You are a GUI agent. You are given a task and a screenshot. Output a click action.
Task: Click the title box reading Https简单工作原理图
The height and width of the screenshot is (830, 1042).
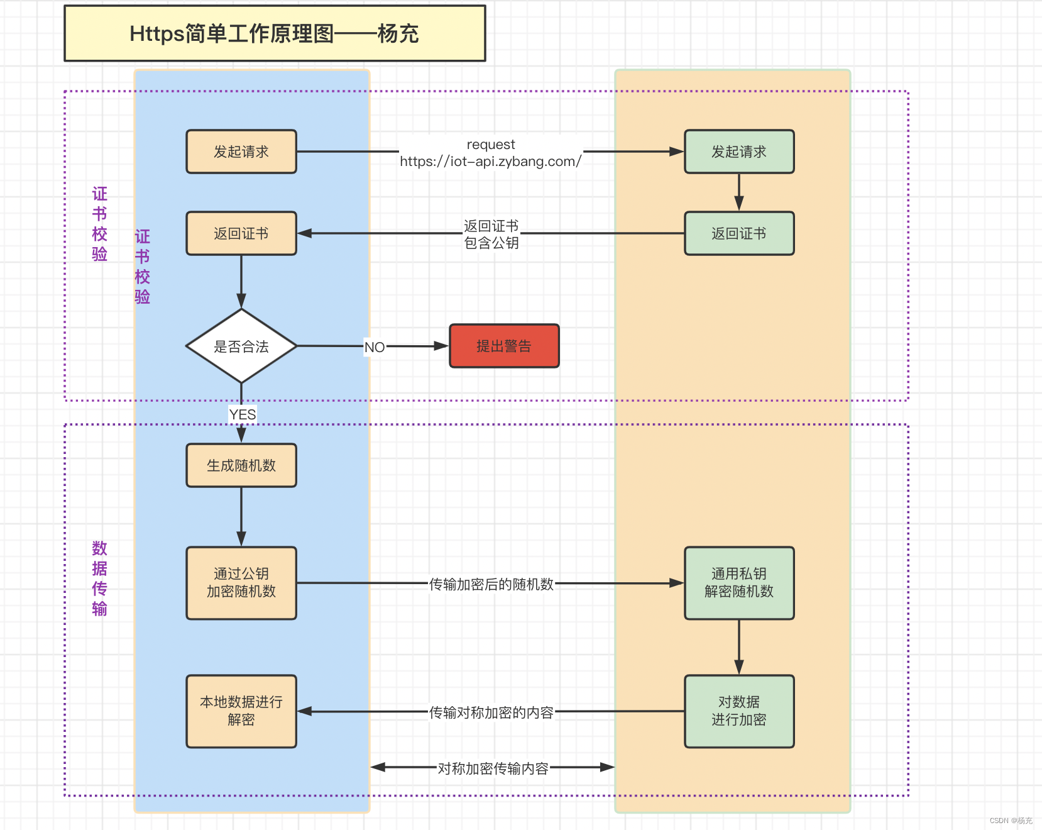(x=275, y=33)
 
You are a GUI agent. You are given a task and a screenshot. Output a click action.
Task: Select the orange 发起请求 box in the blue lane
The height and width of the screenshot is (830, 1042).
(x=241, y=152)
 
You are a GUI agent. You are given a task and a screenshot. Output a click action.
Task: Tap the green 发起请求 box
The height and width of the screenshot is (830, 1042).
(x=739, y=152)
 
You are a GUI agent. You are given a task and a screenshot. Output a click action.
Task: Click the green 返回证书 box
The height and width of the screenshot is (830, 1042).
(x=739, y=233)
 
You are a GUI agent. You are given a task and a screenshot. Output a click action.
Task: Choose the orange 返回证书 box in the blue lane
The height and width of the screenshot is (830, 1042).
(x=241, y=233)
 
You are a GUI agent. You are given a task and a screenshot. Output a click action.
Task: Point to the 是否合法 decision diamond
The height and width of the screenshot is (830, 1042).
(x=241, y=346)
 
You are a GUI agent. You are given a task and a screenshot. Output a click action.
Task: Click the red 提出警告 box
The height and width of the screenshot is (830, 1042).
(x=504, y=346)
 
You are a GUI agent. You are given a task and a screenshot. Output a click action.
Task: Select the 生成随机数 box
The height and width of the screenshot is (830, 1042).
(x=241, y=465)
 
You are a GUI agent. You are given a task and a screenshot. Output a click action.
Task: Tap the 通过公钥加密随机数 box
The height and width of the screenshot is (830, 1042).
(x=241, y=583)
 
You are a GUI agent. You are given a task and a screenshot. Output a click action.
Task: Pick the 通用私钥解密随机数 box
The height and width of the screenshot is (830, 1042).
(x=739, y=583)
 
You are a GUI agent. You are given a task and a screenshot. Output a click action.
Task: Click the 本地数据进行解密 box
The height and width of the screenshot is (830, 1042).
(x=241, y=711)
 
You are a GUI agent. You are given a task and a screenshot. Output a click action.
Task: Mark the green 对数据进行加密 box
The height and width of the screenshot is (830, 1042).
(x=739, y=711)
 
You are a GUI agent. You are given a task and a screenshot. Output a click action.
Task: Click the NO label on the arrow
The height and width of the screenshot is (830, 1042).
(x=375, y=347)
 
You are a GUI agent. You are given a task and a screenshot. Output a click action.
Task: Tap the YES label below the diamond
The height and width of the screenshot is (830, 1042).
(x=243, y=414)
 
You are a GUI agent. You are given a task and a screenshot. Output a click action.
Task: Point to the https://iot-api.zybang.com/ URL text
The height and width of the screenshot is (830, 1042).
(x=490, y=162)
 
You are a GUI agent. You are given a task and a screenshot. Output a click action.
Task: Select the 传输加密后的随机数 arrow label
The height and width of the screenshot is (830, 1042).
(x=491, y=584)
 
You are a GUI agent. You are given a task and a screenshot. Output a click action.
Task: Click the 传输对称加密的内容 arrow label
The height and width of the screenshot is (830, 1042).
(x=491, y=712)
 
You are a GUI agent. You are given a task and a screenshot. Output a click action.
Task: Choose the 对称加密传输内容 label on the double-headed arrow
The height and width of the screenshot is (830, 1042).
(x=493, y=768)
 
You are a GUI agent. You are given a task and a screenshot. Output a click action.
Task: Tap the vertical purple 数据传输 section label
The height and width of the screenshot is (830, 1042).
(x=99, y=578)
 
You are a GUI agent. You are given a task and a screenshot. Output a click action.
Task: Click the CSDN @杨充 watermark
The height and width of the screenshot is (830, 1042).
(x=1011, y=821)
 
